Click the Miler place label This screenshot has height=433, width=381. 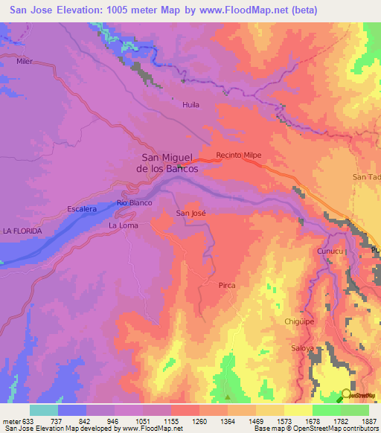[x=25, y=61]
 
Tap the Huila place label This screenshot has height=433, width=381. [x=191, y=105]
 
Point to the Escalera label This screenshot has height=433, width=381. [x=82, y=210]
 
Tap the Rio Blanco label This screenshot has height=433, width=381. [x=135, y=202]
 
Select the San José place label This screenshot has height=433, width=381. [x=190, y=213]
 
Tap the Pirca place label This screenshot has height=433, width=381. [x=227, y=285]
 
